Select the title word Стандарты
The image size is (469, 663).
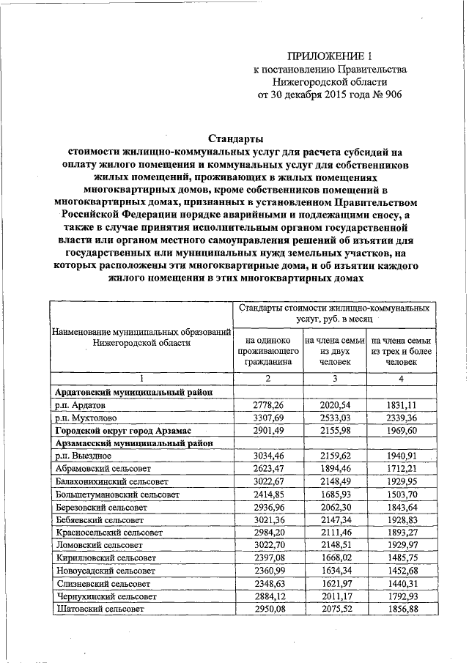coord(233,138)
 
